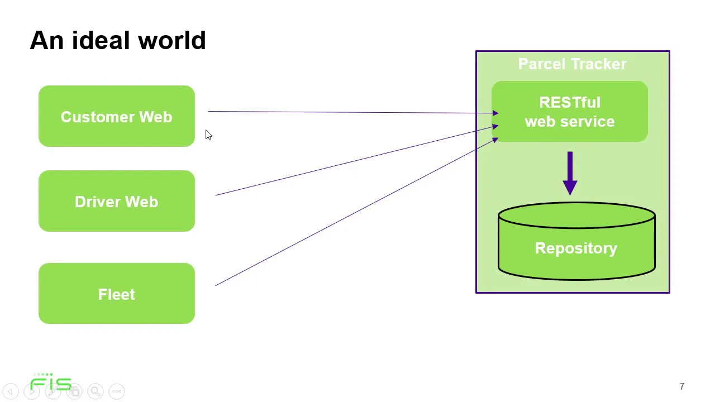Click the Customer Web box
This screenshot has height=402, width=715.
117,116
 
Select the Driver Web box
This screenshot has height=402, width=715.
117,201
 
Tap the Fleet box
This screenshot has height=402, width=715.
117,294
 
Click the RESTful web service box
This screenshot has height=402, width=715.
569,111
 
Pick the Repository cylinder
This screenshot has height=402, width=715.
576,241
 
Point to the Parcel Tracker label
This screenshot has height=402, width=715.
572,64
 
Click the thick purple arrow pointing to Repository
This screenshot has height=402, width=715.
570,173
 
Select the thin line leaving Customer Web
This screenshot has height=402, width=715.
353,112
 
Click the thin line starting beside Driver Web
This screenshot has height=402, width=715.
357,160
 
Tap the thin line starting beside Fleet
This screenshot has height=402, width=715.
357,212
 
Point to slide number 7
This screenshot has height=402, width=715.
682,386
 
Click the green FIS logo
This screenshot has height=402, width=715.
51,381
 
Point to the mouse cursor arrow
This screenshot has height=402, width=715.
208,135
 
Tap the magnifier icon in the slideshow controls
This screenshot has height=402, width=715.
96,391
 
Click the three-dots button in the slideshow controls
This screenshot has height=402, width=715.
117,391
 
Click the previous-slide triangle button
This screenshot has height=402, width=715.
11,391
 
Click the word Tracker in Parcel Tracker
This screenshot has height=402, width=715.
599,64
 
